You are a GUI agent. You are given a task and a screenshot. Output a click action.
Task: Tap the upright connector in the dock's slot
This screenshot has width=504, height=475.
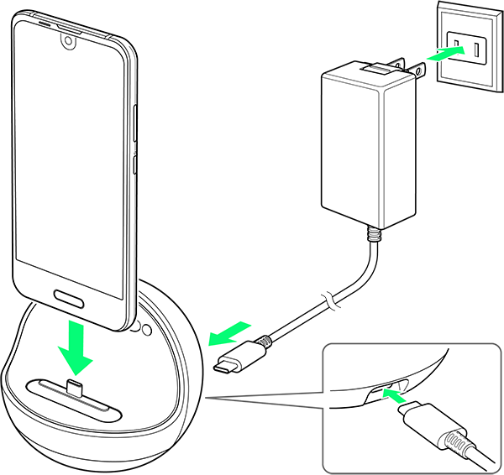(73, 388)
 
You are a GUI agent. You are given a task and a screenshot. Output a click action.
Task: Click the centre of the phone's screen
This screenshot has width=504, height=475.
(71, 160)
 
